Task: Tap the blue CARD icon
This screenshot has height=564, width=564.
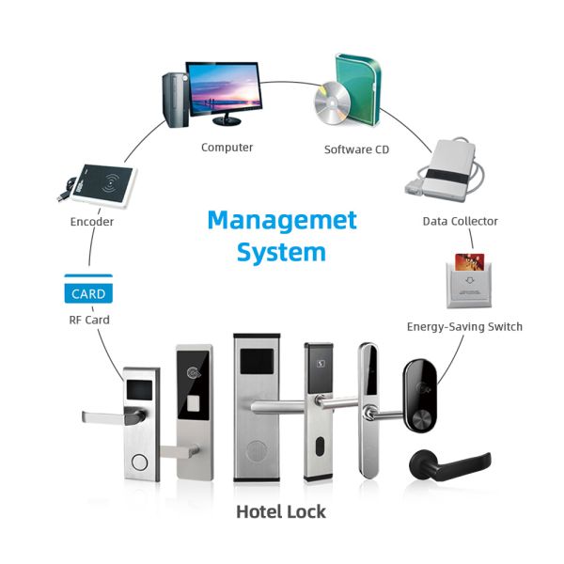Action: point(86,293)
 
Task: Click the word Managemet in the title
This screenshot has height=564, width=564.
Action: point(282,220)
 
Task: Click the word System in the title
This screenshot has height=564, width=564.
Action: point(281,252)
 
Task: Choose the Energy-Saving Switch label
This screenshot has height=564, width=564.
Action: point(463,326)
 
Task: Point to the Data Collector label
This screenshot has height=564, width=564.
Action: point(460,221)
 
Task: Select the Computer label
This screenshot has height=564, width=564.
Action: point(227,147)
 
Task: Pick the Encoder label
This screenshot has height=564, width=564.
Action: point(92,222)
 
